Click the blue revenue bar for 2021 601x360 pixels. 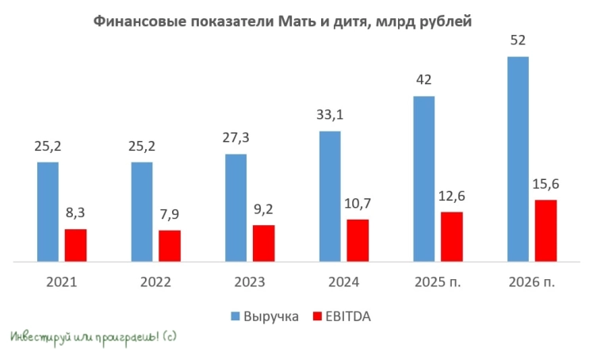[48, 211]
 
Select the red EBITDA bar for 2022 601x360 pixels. [170, 245]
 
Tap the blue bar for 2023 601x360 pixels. [236, 207]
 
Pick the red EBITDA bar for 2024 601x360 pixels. [358, 239]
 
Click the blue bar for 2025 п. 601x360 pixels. [424, 178]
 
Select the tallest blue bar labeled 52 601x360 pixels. [518, 159]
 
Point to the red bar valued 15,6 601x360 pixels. [545, 230]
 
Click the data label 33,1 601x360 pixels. [330, 116]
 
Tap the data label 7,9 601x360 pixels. [170, 215]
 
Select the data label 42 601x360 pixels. [424, 81]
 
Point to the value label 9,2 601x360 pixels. [264, 210]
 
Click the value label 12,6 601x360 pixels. [452, 197]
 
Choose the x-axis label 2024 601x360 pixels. [343, 282]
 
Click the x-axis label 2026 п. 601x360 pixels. [532, 282]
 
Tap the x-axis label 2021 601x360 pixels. [61, 282]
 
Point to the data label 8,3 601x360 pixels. [76, 213]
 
